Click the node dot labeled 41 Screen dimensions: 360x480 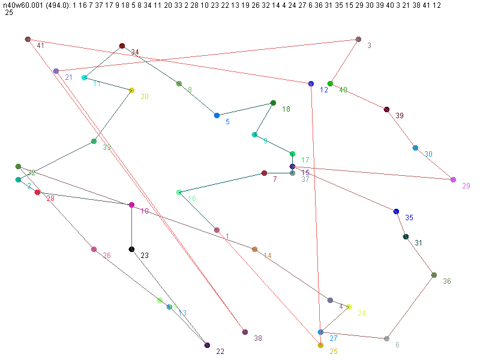pos(28,39)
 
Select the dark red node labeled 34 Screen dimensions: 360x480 pos(122,46)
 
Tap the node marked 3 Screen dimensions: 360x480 pos(358,39)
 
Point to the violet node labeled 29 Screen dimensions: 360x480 pos(453,179)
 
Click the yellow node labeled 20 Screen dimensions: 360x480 pos(131,90)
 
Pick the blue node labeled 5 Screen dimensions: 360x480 pos(217,115)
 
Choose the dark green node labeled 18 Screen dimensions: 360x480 pos(273,103)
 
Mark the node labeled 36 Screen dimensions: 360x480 pos(434,275)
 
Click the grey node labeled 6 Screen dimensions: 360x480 pos(386,338)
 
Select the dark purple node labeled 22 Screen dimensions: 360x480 pos(207,345)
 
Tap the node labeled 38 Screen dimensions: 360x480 pos(245,332)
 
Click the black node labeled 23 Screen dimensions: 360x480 pos(131,249)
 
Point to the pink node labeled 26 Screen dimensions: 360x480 pos(94,249)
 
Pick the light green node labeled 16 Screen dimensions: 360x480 pos(179,192)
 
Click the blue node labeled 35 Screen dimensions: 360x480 pos(396,211)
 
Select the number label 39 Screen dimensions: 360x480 pos(400,116)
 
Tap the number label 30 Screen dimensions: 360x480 pos(428,154)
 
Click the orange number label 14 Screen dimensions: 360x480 pos(268,256)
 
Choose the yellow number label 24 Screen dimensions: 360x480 pos(362,313)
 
